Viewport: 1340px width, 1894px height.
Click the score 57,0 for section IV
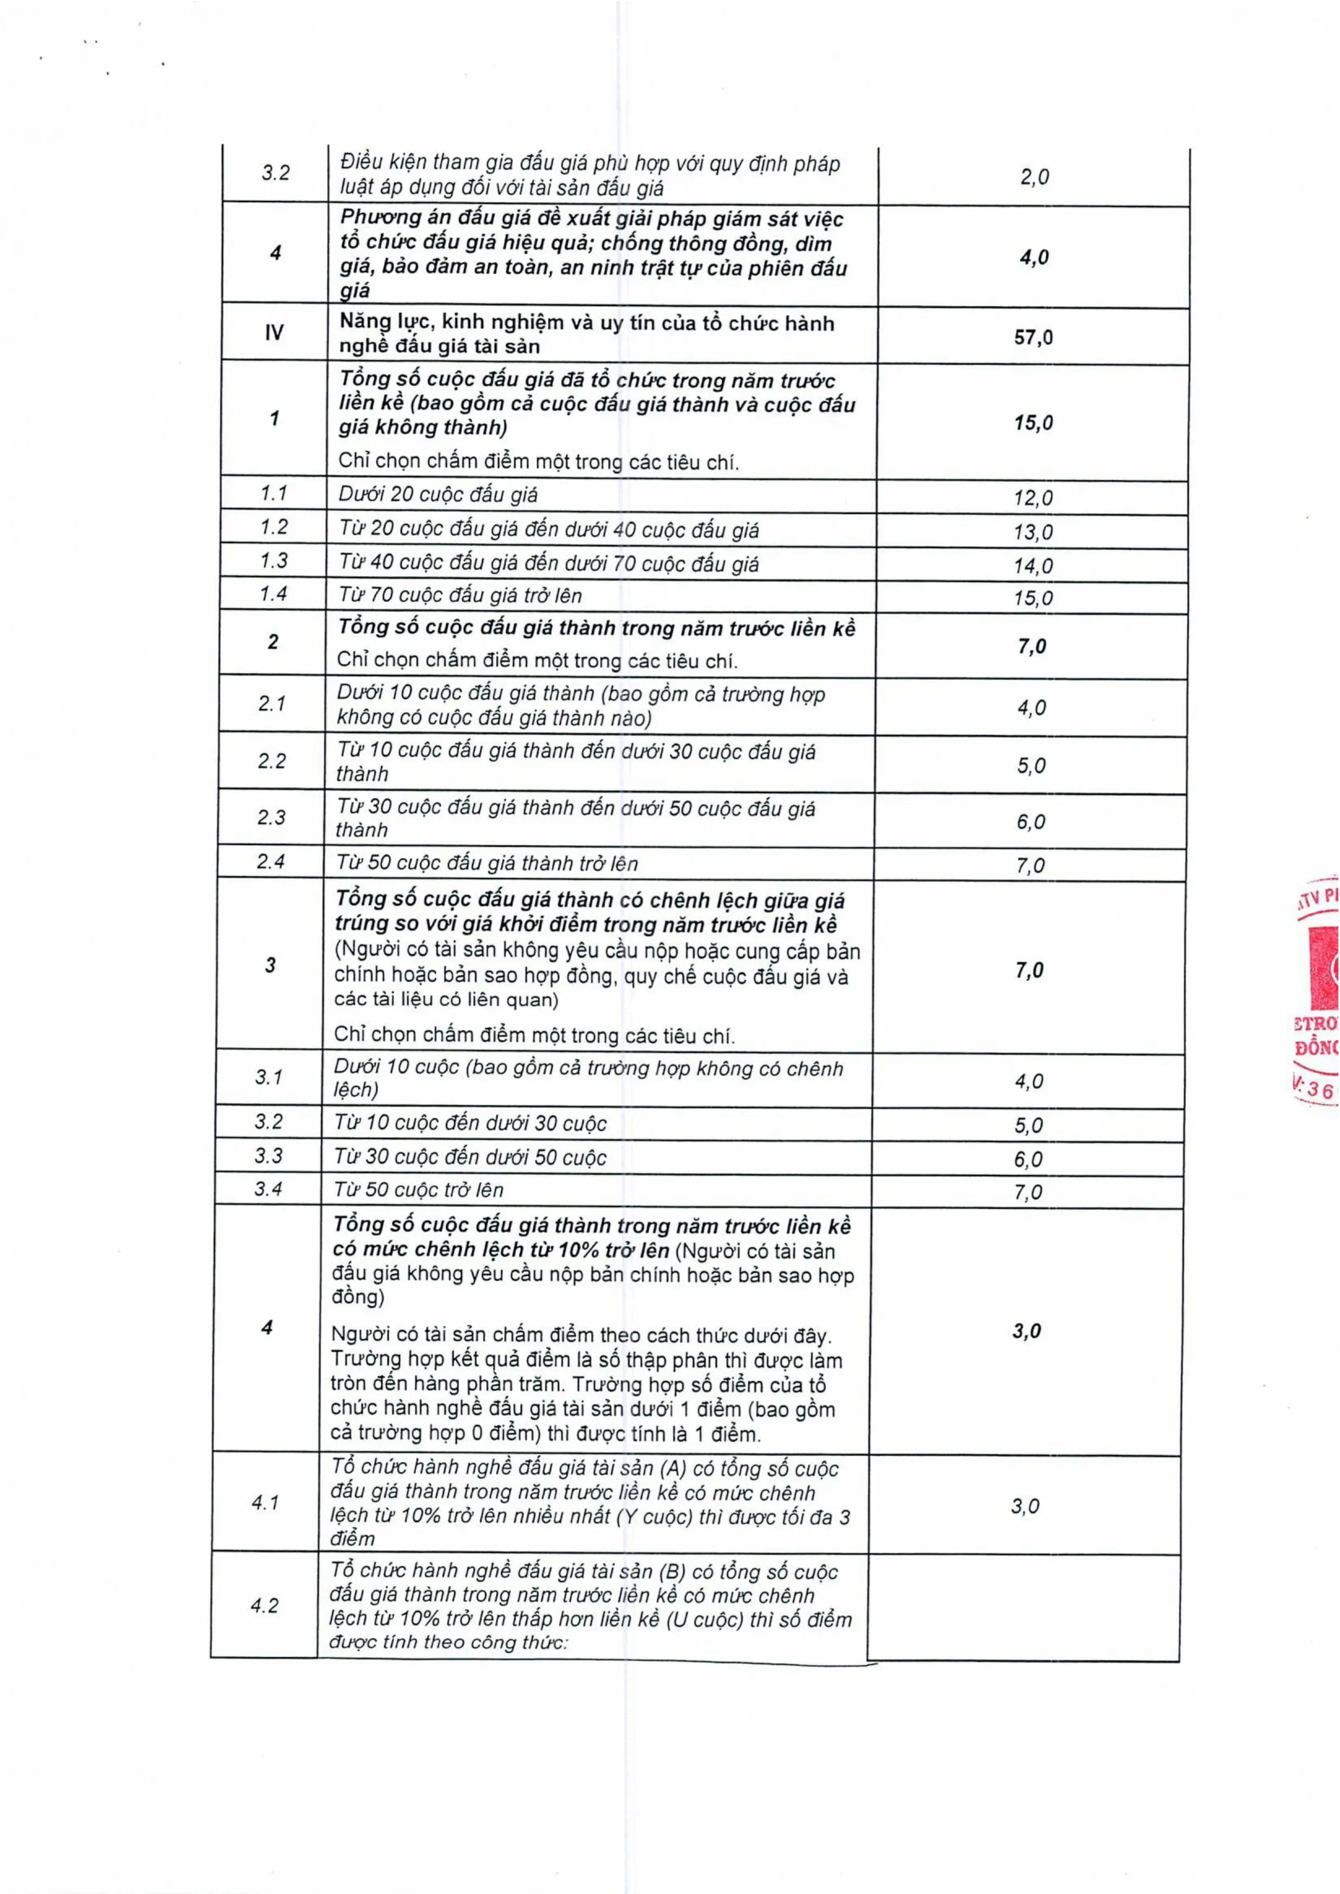[x=1033, y=337]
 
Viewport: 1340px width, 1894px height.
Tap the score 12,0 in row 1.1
[x=1033, y=497]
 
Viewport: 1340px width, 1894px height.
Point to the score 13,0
[x=1033, y=532]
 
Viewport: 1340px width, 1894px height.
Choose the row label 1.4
[x=273, y=594]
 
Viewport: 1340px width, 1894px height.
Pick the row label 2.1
[x=271, y=703]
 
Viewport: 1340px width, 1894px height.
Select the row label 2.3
[x=271, y=818]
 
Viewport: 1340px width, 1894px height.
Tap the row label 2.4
[x=271, y=862]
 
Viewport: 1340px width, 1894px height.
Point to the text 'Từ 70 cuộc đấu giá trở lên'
[x=460, y=596]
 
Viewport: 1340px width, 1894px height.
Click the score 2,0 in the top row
[x=1034, y=176]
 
